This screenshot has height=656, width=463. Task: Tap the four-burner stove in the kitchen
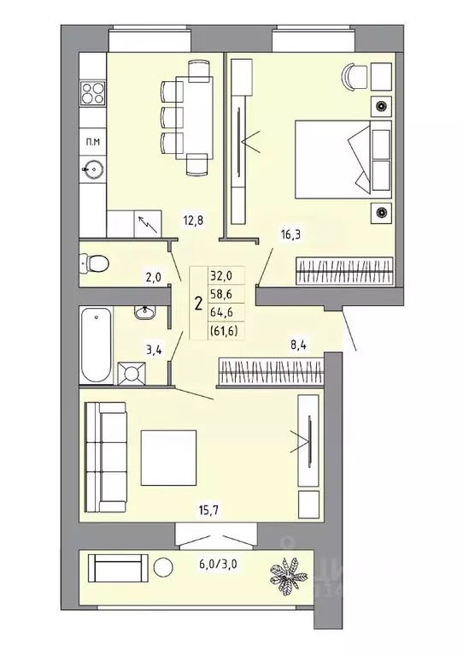coord(91,93)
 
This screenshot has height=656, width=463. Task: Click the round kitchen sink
coord(91,168)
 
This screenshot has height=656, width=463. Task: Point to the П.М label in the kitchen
coord(90,139)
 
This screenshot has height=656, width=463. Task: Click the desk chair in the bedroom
coord(353,76)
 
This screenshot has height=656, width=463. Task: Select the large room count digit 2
coord(198,302)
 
